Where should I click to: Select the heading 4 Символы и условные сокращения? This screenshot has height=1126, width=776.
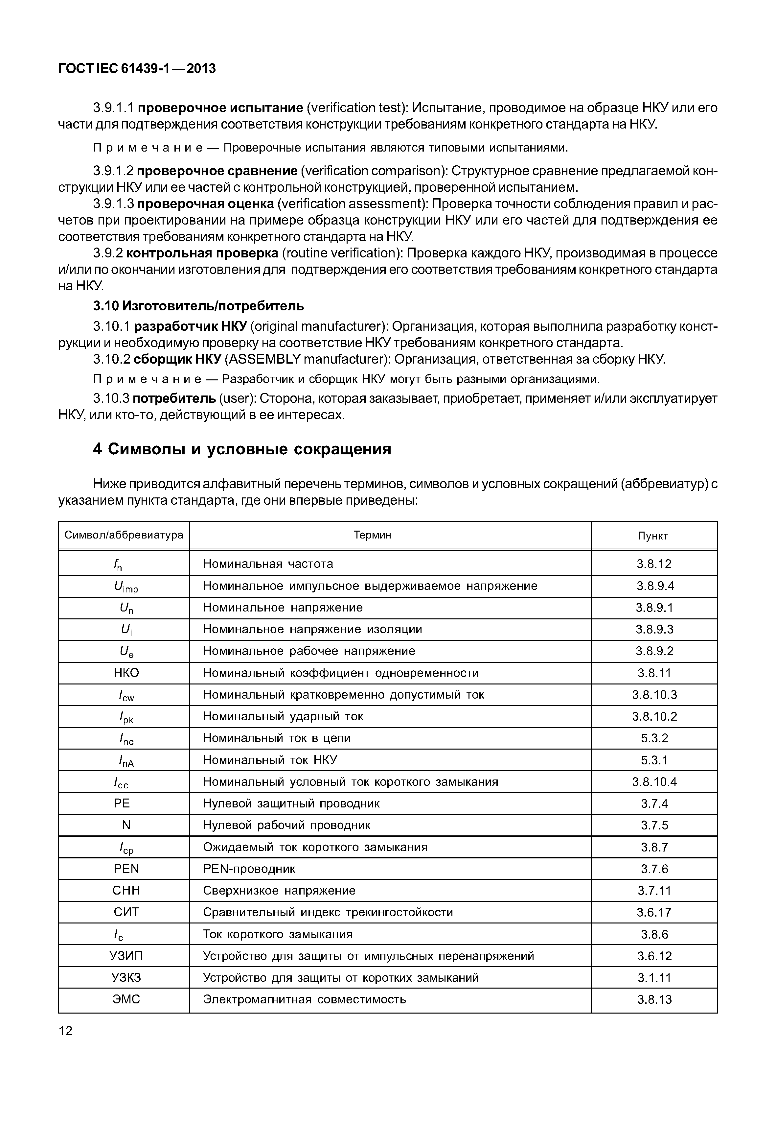242,449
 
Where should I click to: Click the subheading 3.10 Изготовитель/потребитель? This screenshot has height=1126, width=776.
198,306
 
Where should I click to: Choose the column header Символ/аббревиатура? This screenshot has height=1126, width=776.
124,535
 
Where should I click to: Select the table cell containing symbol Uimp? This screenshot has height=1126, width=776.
126,587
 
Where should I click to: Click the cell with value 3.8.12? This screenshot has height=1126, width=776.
654,564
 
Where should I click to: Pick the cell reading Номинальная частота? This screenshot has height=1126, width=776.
268,564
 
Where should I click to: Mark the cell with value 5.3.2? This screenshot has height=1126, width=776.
654,738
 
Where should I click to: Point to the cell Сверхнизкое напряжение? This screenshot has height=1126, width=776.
279,891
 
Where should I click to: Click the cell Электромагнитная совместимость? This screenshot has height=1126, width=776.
304,999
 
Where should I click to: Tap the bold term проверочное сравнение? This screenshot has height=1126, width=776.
217,171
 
